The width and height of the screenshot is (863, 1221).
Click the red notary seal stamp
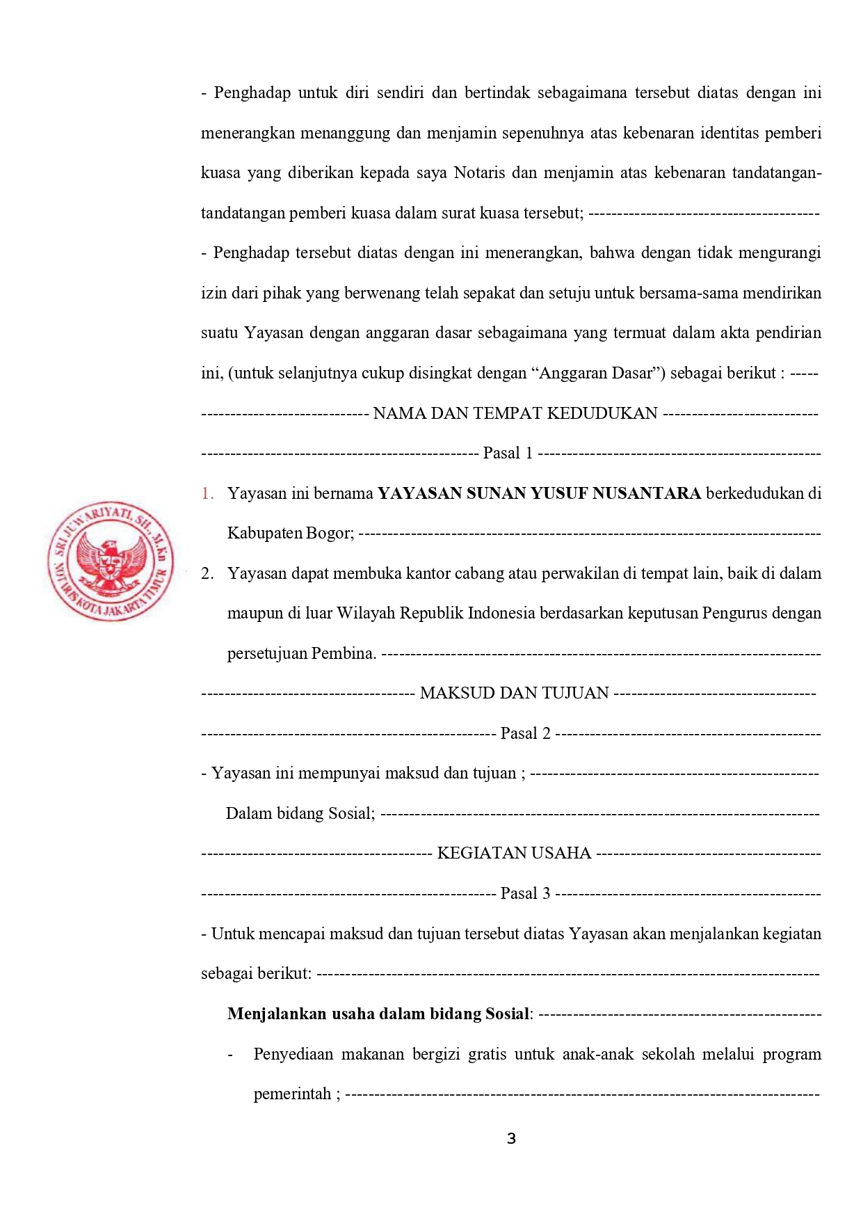point(111,561)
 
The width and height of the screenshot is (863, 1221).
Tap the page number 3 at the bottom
point(511,1139)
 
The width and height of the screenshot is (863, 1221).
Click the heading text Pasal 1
point(508,454)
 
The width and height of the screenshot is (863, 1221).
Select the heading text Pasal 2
point(525,733)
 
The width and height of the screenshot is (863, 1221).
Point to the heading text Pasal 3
point(525,893)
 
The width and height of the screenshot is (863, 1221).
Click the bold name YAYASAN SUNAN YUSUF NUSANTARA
point(539,493)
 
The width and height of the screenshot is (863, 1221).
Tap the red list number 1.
point(207,493)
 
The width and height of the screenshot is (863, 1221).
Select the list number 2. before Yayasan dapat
point(207,573)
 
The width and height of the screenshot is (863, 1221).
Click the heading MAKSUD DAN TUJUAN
point(515,693)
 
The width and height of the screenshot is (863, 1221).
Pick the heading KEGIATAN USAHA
point(514,853)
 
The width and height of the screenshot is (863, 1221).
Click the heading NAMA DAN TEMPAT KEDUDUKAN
point(515,413)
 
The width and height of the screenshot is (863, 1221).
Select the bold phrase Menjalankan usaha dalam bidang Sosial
point(379,1014)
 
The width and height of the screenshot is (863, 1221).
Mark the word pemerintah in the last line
point(292,1094)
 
